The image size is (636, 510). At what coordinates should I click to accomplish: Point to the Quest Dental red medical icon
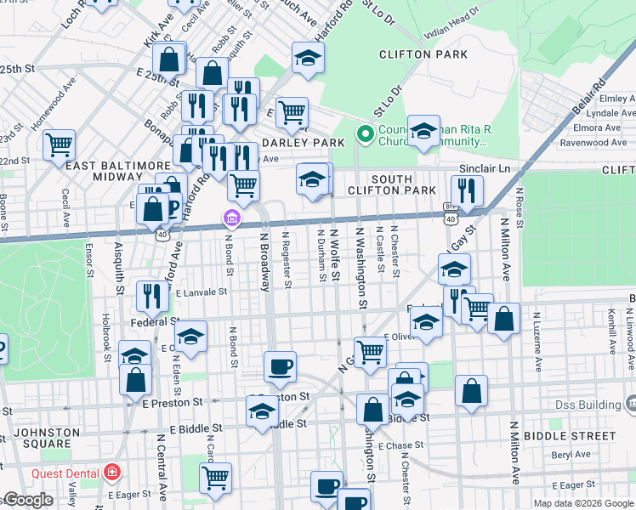click(111, 473)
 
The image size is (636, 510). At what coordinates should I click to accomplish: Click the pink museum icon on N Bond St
click(230, 219)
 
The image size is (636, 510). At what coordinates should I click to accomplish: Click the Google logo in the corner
click(28, 501)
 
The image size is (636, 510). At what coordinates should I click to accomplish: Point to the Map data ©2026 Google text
click(582, 503)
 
